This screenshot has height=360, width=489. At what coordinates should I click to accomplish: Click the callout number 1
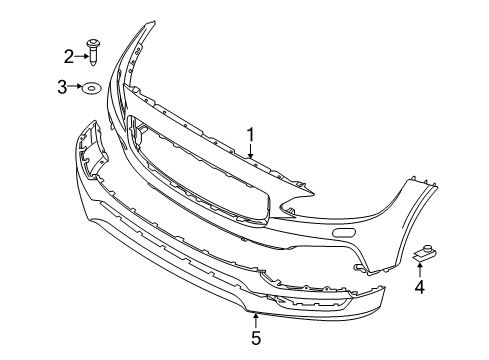click(x=251, y=133)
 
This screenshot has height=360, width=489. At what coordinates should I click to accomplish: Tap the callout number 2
click(x=69, y=57)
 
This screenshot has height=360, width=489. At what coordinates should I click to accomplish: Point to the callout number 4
click(x=420, y=289)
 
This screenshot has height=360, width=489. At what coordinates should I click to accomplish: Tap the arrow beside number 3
click(x=80, y=88)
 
